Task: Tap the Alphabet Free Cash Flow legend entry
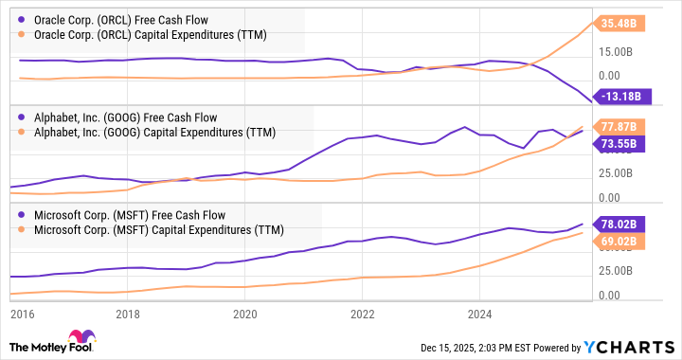[128, 117]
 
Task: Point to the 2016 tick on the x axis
[21, 314]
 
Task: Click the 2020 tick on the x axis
[244, 314]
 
